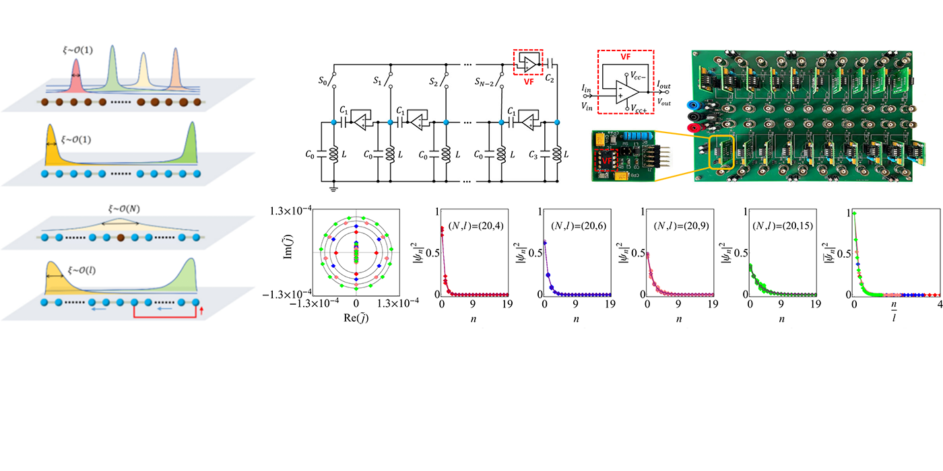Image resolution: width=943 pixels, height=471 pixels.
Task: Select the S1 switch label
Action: click(x=377, y=81)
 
